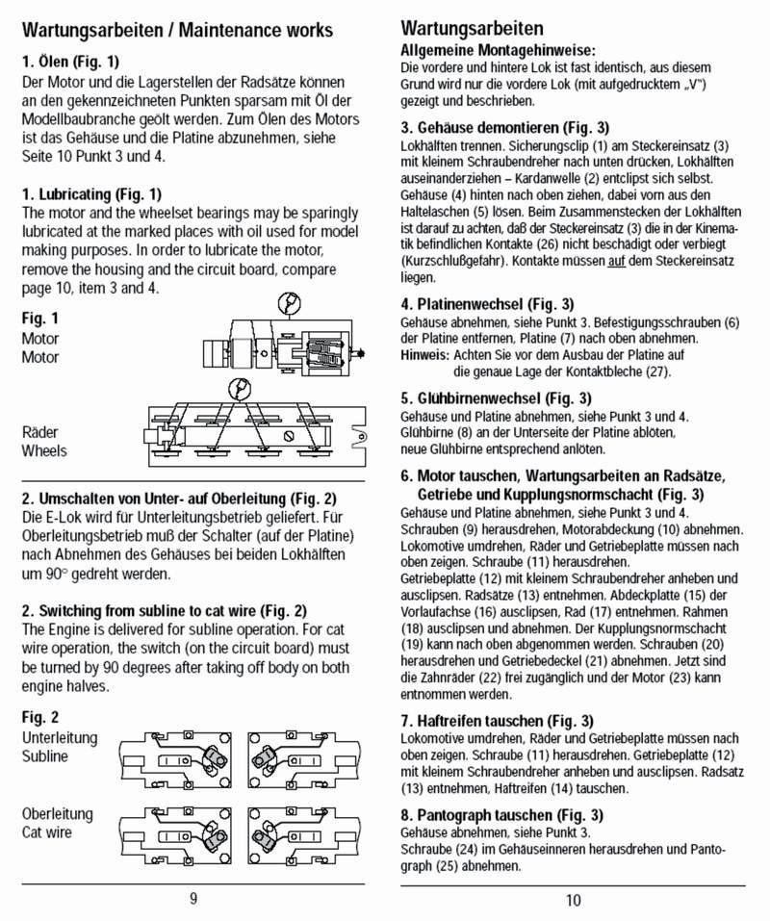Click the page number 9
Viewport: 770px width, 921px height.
pyautogui.click(x=193, y=899)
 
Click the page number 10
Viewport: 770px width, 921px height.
pyautogui.click(x=573, y=900)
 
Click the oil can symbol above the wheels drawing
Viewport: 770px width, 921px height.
pyautogui.click(x=238, y=388)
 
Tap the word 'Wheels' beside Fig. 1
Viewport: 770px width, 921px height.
pyautogui.click(x=44, y=450)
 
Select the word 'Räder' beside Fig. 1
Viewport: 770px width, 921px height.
pyautogui.click(x=40, y=433)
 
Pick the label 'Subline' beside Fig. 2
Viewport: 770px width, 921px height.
pyautogui.click(x=45, y=756)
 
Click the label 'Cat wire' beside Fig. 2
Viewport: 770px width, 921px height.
pyautogui.click(x=47, y=832)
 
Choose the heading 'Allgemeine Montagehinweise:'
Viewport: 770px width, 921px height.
pyautogui.click(x=498, y=49)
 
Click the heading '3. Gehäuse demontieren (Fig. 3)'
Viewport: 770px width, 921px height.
pyautogui.click(x=505, y=127)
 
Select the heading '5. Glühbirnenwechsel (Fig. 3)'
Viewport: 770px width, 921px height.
pyautogui.click(x=496, y=397)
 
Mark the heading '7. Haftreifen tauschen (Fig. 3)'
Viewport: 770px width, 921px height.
pyautogui.click(x=497, y=720)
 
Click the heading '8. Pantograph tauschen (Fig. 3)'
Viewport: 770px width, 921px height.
pyautogui.click(x=501, y=814)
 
